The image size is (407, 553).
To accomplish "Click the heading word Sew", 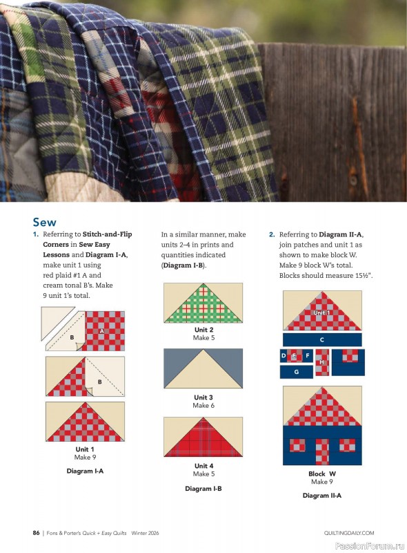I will [x=44, y=222].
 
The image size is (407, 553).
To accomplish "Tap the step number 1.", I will [x=35, y=235].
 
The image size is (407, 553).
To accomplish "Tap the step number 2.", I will [x=272, y=235].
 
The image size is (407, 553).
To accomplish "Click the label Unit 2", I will [x=203, y=330].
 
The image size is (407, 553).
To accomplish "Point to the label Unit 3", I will [x=203, y=397].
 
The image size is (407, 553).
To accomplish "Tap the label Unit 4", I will [x=203, y=466].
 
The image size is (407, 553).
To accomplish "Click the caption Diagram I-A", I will [x=85, y=471].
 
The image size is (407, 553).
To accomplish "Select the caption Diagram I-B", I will [x=203, y=489].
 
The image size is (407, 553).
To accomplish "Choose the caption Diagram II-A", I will [x=321, y=496].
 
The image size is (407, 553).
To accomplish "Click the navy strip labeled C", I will [x=322, y=340].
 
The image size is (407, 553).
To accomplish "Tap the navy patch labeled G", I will [x=296, y=372].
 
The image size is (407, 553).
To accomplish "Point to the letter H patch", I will [x=321, y=362].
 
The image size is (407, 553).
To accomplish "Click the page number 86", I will [x=36, y=533].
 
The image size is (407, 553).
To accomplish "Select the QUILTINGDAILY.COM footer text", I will [x=348, y=533].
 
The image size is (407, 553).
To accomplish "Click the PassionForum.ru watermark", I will [x=370, y=545].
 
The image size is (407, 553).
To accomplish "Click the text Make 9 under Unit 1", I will [x=85, y=458].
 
